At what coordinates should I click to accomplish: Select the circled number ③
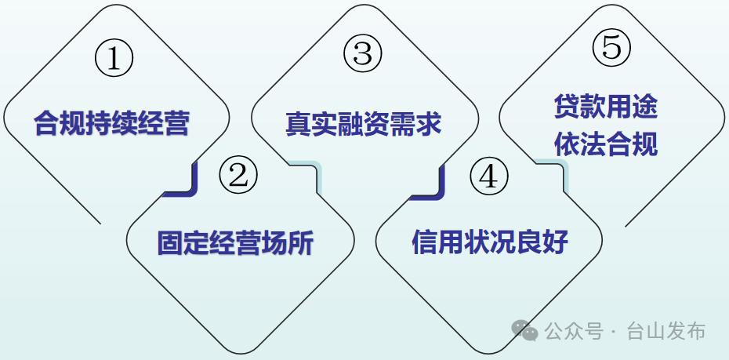[363, 53]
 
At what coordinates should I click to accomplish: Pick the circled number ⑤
[611, 48]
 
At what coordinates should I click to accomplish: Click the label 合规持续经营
[112, 124]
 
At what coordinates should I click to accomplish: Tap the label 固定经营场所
[235, 243]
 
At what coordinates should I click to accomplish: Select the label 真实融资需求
[363, 124]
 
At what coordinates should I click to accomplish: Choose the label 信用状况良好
[490, 242]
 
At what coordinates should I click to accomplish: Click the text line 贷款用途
[605, 107]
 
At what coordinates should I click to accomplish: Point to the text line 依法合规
[605, 145]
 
